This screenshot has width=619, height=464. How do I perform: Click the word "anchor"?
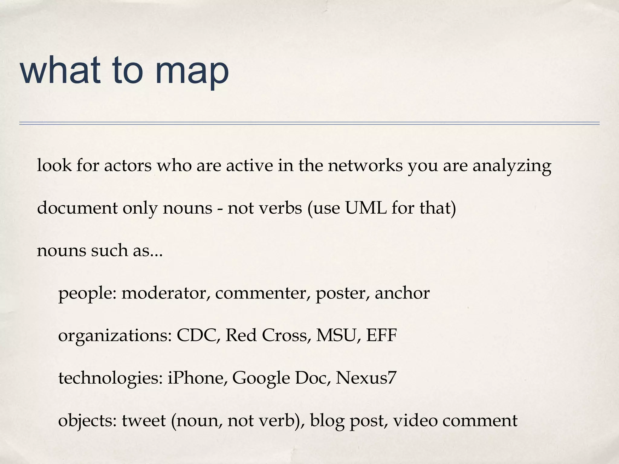[x=402, y=293]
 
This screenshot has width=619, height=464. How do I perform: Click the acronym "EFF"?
[x=381, y=335]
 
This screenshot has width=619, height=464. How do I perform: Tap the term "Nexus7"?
[x=366, y=378]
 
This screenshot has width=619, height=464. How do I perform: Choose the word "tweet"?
[x=144, y=420]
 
